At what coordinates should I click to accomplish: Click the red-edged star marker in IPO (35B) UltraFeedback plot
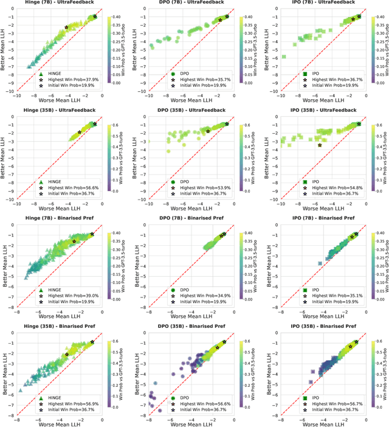coord(320,145)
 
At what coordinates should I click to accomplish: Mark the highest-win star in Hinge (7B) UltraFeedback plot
coord(66,27)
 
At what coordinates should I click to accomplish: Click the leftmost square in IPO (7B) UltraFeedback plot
coord(284,57)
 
